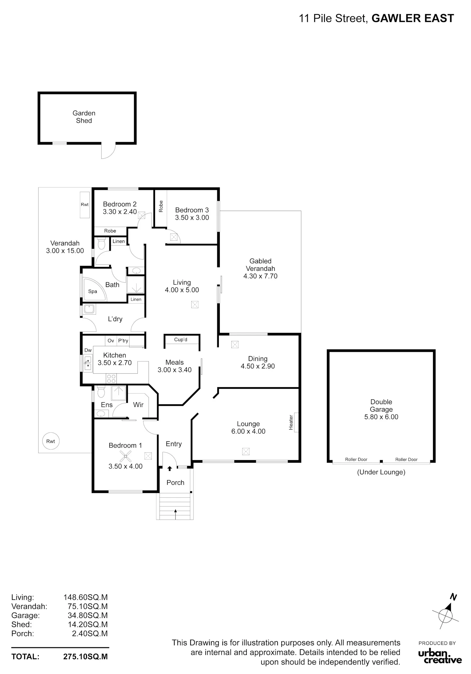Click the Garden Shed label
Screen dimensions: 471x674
(x=84, y=117)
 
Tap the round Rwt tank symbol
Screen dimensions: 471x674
(x=51, y=441)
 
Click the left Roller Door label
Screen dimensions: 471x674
(x=356, y=459)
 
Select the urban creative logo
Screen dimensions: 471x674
(x=440, y=657)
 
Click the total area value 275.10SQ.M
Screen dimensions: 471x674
(x=85, y=656)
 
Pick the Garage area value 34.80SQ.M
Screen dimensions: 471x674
(x=88, y=615)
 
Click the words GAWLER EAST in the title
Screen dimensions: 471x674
(x=413, y=19)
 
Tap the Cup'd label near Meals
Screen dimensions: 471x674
(x=181, y=340)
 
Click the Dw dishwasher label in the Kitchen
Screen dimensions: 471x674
(x=88, y=350)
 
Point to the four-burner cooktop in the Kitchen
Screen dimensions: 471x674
(x=111, y=378)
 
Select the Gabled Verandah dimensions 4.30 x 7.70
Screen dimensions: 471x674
(x=260, y=276)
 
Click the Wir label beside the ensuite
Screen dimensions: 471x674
(x=138, y=405)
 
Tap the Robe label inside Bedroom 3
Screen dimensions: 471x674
(x=161, y=206)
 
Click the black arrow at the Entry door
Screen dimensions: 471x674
(x=170, y=468)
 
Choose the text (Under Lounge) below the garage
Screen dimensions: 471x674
(x=381, y=472)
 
